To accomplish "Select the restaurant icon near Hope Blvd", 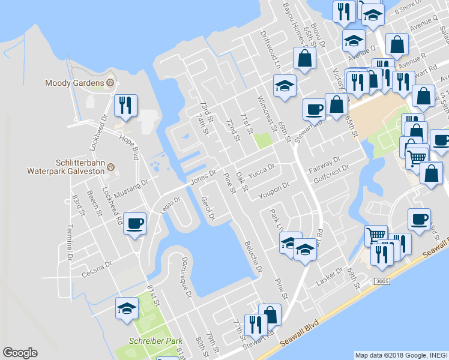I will click(125, 106).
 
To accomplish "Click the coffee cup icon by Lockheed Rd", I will click(134, 224).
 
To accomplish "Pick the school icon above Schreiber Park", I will click(127, 308).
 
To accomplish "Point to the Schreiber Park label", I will click(155, 341).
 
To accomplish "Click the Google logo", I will click(20, 352).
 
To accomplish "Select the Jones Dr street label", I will click(202, 176).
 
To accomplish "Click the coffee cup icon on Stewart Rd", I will click(314, 109).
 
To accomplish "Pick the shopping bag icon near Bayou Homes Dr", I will click(304, 58).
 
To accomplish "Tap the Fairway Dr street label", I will click(325, 163).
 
